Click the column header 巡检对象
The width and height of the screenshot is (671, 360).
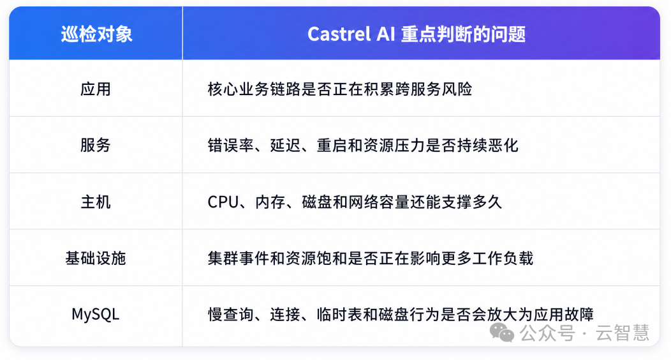pyautogui.click(x=97, y=34)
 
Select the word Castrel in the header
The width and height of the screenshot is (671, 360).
pyautogui.click(x=339, y=34)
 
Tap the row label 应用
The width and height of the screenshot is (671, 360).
pyautogui.click(x=96, y=89)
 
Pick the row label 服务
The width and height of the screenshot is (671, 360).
pyautogui.click(x=96, y=145)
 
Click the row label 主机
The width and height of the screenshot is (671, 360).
pyautogui.click(x=96, y=202)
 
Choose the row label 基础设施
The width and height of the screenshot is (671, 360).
pyautogui.click(x=96, y=258)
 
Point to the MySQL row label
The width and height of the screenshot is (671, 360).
pyautogui.click(x=96, y=315)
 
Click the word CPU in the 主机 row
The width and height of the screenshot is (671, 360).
pyautogui.click(x=223, y=202)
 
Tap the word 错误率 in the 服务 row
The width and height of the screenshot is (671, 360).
pyautogui.click(x=231, y=146)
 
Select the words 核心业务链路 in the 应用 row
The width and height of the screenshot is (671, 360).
pyautogui.click(x=254, y=89)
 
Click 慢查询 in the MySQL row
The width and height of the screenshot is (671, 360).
pyautogui.click(x=231, y=315)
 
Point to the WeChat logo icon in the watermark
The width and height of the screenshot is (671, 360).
pyautogui.click(x=501, y=333)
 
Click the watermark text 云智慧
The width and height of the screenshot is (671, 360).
pyautogui.click(x=623, y=333)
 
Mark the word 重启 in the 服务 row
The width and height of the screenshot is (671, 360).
pyautogui.click(x=332, y=146)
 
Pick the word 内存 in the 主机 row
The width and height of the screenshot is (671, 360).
pyautogui.click(x=270, y=202)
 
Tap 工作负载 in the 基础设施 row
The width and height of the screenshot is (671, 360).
pyautogui.click(x=503, y=258)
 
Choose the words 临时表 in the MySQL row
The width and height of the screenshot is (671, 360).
pyautogui.click(x=340, y=315)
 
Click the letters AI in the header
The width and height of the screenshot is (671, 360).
pyautogui.click(x=385, y=34)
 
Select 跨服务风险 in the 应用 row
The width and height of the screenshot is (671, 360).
pyautogui.click(x=434, y=89)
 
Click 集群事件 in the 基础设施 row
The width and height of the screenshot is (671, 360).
pyautogui.click(x=239, y=258)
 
